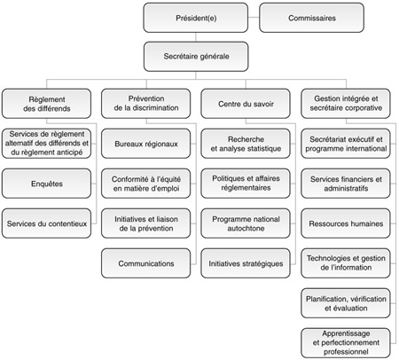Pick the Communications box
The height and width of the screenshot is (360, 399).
pyautogui.click(x=146, y=262)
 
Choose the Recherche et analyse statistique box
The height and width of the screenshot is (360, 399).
pyautogui.click(x=246, y=144)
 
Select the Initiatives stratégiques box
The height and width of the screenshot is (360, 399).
pyautogui.click(x=246, y=262)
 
